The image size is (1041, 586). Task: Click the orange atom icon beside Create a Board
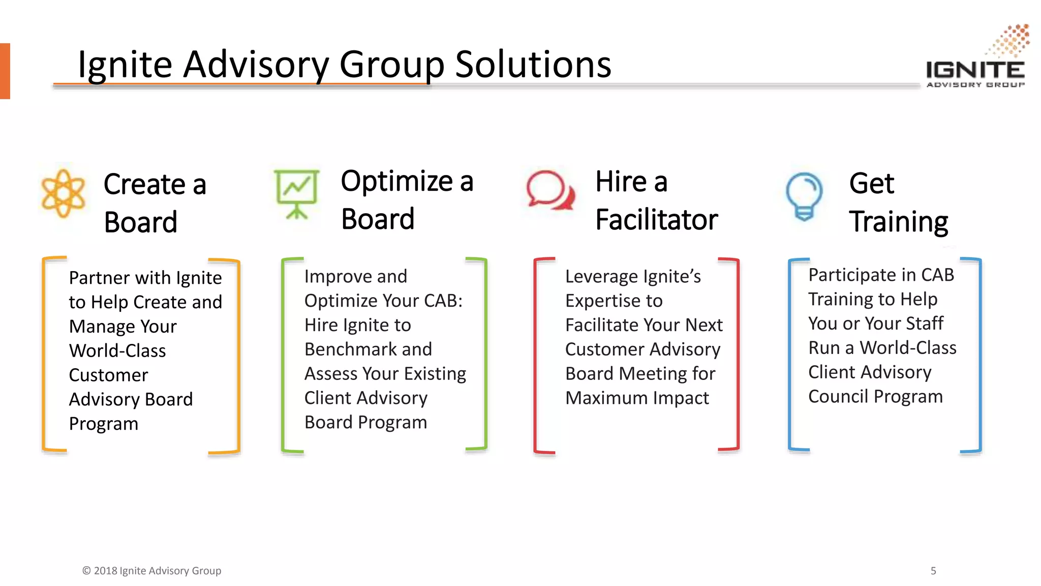[63, 194]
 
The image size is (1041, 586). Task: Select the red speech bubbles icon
[550, 191]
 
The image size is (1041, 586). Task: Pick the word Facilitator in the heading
[656, 220]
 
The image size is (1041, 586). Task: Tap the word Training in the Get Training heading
[898, 222]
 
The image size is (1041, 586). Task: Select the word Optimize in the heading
[396, 181]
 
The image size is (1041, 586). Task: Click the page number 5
[933, 571]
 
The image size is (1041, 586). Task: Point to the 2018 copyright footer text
[151, 571]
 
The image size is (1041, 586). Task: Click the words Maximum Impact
[636, 398]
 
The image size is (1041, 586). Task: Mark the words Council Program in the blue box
[875, 396]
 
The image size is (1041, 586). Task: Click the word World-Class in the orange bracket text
[117, 351]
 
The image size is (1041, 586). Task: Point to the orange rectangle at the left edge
[5, 71]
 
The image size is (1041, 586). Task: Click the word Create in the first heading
[144, 184]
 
